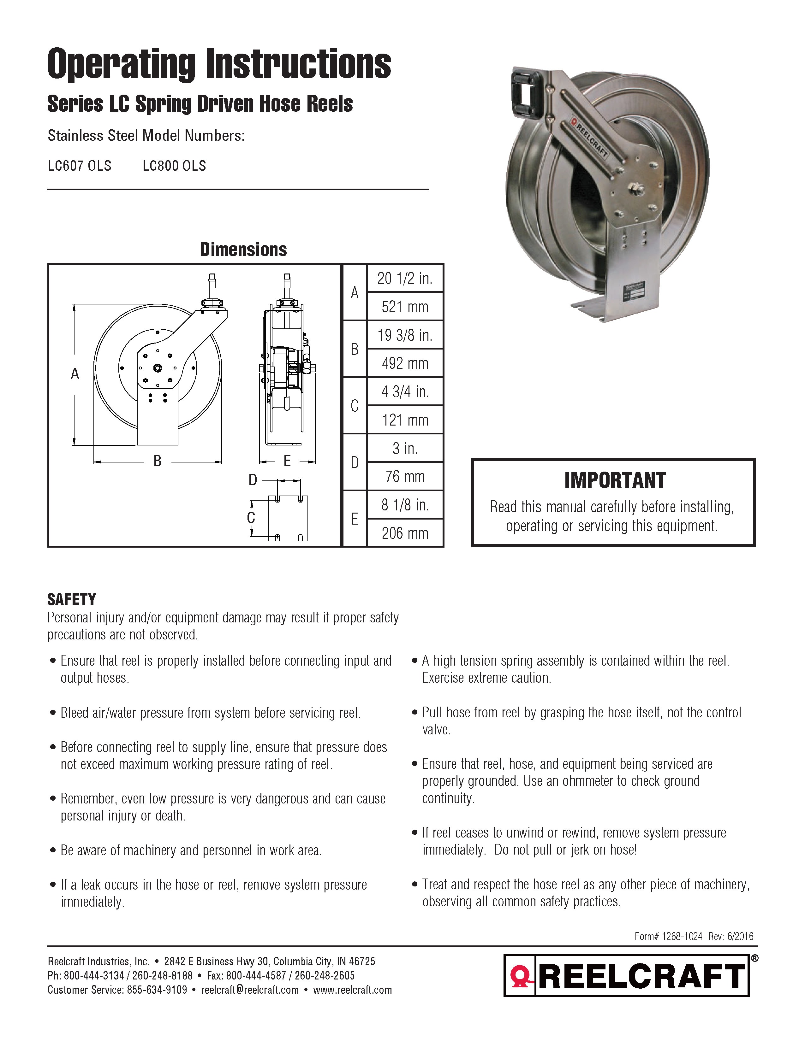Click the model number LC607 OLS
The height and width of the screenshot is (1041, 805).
(80, 166)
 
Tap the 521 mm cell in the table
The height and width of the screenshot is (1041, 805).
(405, 307)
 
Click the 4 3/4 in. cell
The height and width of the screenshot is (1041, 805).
(405, 392)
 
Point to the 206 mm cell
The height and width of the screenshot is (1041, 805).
(405, 533)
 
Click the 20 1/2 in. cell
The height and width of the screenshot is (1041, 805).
(405, 278)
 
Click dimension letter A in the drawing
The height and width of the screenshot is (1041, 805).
(75, 374)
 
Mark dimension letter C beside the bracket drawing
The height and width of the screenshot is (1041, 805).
(251, 518)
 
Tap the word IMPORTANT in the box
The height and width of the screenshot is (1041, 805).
(615, 480)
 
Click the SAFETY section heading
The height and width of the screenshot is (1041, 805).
(72, 599)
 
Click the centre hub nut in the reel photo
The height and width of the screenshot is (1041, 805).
(636, 188)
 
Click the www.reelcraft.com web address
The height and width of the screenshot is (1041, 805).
(352, 990)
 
